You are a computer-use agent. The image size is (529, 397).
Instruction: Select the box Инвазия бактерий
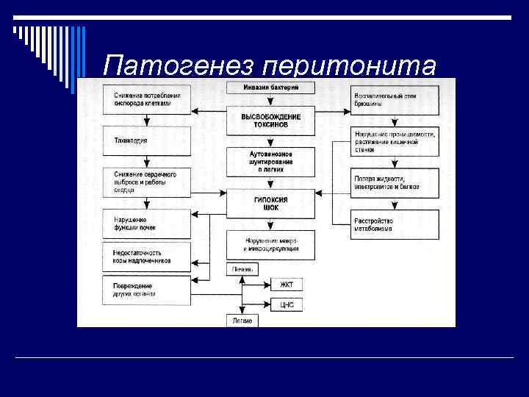coord(271,87)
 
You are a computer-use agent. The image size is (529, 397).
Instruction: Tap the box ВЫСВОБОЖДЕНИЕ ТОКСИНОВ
coord(271,121)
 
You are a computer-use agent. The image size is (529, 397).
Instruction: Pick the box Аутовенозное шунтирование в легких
coord(271,161)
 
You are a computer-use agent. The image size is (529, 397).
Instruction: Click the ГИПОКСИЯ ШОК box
coord(271,204)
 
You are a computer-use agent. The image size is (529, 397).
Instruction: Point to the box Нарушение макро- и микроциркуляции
coord(271,244)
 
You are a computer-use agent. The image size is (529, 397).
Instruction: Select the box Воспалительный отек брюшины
coord(395,100)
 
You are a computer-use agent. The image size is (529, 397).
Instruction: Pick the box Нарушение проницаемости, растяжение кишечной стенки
coord(395,141)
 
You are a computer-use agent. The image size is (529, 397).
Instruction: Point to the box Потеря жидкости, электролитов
coord(395,182)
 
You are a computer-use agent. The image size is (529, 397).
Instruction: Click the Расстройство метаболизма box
coord(395,223)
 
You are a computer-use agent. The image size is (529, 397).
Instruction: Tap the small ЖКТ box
coord(287,285)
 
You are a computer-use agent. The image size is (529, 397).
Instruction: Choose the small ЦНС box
coord(287,304)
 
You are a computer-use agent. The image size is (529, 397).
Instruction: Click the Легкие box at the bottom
coord(242,321)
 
